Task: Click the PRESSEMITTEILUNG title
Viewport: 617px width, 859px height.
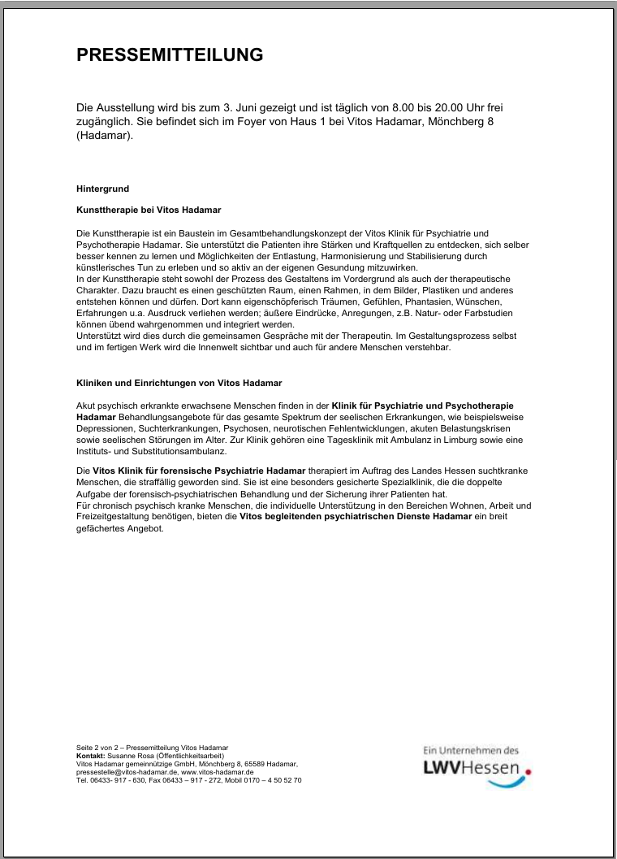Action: pos(170,55)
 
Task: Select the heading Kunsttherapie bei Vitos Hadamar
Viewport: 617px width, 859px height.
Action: pos(136,210)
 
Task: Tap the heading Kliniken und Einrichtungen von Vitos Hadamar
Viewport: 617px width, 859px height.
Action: pos(179,382)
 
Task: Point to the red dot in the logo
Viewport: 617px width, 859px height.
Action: pos(529,774)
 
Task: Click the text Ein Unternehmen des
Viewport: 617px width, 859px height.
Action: pos(471,750)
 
